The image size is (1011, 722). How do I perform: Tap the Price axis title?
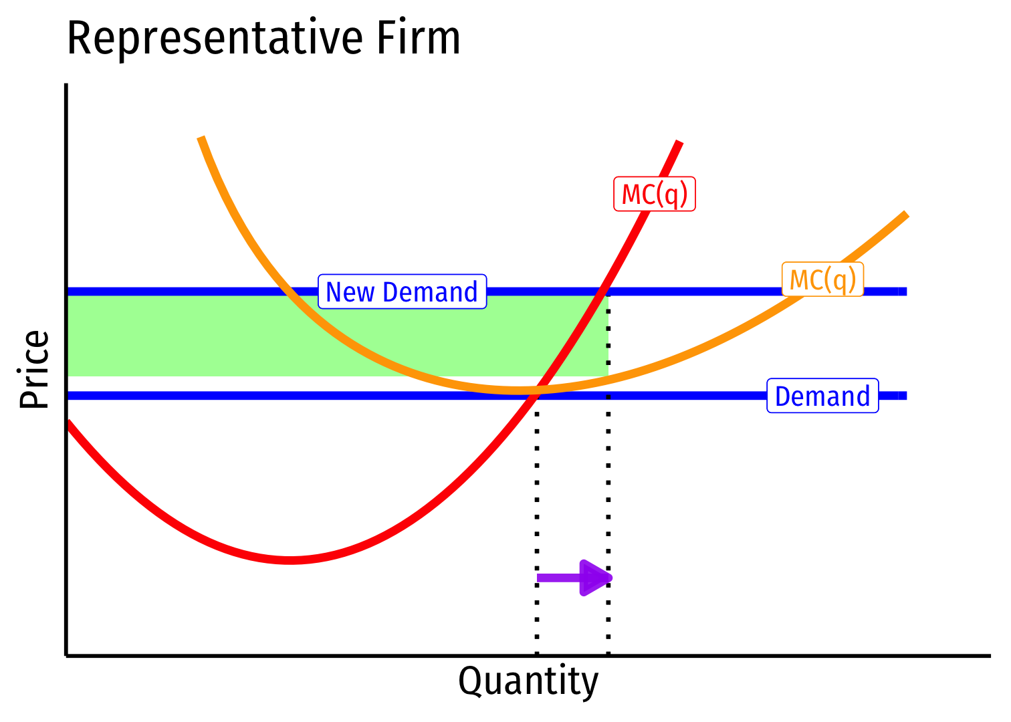coord(35,369)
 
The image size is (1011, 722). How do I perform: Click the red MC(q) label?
coord(655,194)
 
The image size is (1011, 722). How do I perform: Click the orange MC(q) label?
coord(822,279)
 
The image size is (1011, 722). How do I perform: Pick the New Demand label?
coord(402,292)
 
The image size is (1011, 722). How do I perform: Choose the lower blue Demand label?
coord(822,396)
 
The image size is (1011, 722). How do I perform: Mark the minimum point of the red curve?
coord(290,560)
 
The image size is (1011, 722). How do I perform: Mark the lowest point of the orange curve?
coord(518,389)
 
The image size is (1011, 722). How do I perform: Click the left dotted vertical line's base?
coord(537,652)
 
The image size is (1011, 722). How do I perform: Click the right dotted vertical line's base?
coord(608,652)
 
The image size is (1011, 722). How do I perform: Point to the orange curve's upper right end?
coord(906,215)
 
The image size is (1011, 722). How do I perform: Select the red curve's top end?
coord(679,142)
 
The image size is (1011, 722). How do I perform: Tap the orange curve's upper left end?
coord(201,138)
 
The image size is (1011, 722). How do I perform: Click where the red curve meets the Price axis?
coord(68,422)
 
